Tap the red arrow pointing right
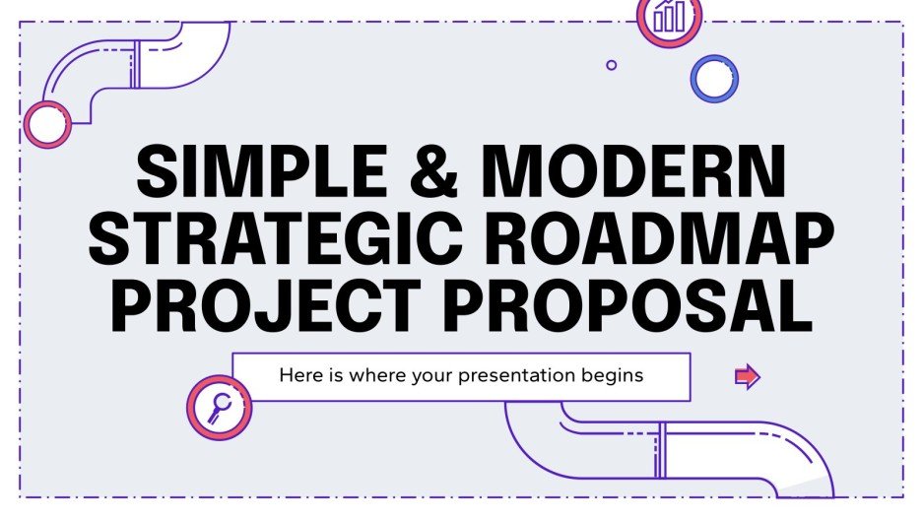pos(748,376)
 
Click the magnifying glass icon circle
pos(219,405)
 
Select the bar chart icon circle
pos(670,17)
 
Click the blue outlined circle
pos(714,78)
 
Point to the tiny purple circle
pos(612,65)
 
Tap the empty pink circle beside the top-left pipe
pos(46,124)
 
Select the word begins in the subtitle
pos(617,375)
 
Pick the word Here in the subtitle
pos(297,375)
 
